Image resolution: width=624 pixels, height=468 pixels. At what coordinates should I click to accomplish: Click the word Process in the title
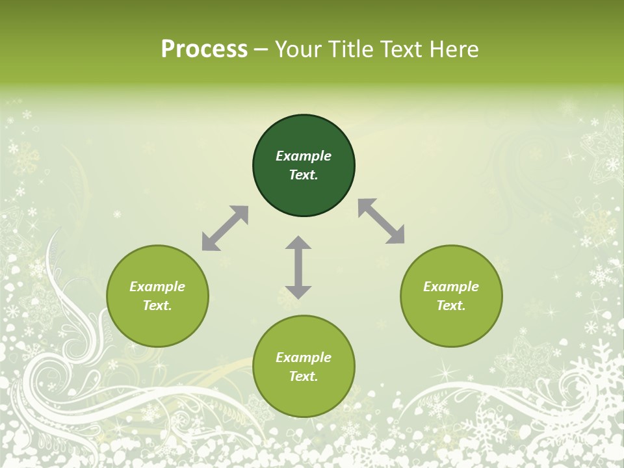204,49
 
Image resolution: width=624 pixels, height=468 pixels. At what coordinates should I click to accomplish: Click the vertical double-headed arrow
298,267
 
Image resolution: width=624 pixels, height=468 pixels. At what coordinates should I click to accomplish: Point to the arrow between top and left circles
225,228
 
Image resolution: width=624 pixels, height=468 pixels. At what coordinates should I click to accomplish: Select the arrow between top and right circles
382,221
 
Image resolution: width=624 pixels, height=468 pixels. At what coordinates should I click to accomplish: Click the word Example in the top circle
304,156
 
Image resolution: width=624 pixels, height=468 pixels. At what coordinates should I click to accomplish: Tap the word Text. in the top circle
304,175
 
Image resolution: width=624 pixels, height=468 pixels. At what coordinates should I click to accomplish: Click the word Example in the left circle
157,287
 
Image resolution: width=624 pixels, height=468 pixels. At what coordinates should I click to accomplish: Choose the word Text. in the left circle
157,305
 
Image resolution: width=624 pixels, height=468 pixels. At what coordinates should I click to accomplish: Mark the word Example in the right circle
451,287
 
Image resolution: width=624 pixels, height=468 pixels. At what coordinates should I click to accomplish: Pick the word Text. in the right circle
451,305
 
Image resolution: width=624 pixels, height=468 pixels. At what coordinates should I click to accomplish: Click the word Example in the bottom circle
304,357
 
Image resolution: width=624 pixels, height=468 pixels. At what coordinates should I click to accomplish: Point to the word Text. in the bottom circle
304,376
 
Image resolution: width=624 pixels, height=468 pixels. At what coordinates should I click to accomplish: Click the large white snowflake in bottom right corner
602,377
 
